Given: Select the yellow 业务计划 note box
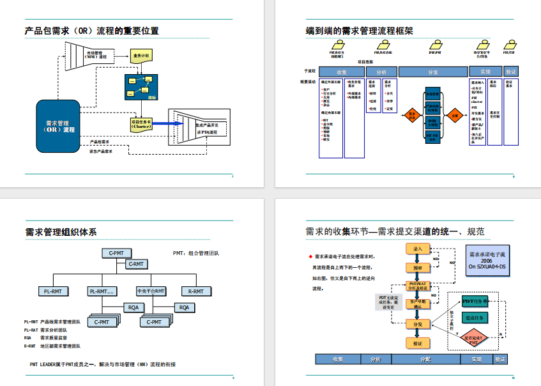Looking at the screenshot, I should pyautogui.click(x=141, y=56).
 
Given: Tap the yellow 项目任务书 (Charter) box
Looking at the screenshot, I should pyautogui.click(x=141, y=124).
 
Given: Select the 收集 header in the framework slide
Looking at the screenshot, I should pyautogui.click(x=342, y=72).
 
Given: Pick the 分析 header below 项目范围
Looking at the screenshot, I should pyautogui.click(x=381, y=72).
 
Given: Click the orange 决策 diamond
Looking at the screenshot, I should pyautogui.click(x=455, y=116).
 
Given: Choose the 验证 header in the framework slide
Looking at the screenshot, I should pyautogui.click(x=510, y=72).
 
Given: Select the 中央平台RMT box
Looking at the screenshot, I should pyautogui.click(x=151, y=291).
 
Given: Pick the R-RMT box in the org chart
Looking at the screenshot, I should pyautogui.click(x=196, y=291).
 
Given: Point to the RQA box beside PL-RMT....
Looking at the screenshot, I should pyautogui.click(x=133, y=307).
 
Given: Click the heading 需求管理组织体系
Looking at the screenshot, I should pyautogui.click(x=61, y=232).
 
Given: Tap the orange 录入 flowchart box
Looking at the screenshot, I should pyautogui.click(x=418, y=249).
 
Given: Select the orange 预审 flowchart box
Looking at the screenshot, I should pyautogui.click(x=418, y=268).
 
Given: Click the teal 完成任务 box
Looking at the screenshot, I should pyautogui.click(x=476, y=318).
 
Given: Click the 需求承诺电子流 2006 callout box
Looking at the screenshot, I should pyautogui.click(x=487, y=260).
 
